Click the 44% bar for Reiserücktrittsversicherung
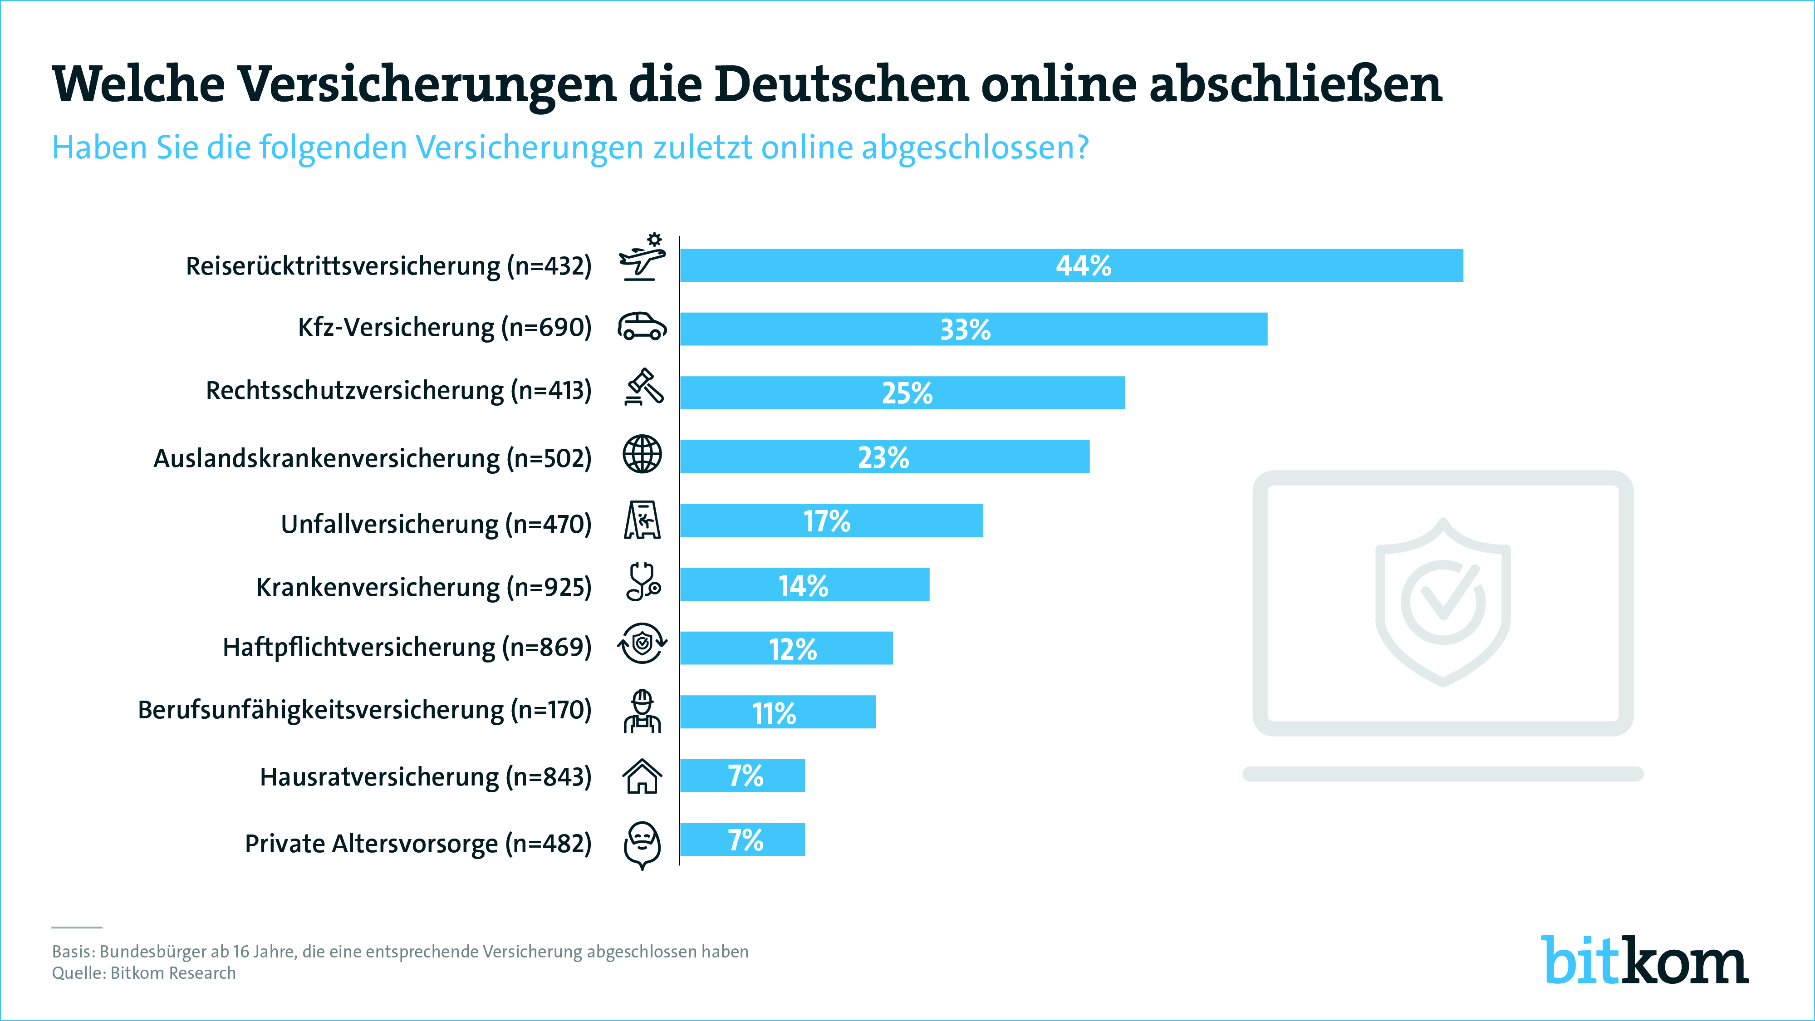[1071, 265]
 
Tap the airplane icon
[642, 259]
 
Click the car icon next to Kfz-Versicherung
[642, 326]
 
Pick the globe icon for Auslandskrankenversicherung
[642, 454]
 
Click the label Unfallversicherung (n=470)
[436, 524]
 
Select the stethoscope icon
[643, 582]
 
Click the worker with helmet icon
[642, 711]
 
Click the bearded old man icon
[642, 844]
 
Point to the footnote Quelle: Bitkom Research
[144, 973]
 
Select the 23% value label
[883, 458]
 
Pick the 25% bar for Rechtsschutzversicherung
[902, 393]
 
